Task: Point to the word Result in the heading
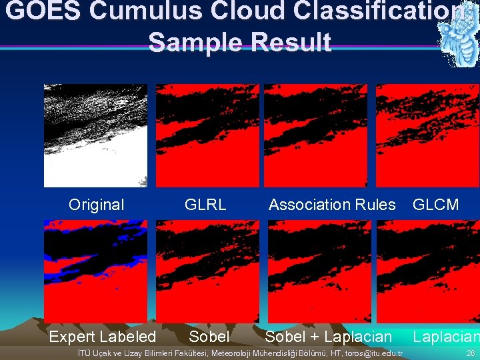coord(291,41)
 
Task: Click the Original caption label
coord(96,205)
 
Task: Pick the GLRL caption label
coord(205,205)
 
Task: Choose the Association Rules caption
coord(332,205)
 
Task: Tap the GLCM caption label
coord(436,205)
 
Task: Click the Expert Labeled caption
coord(102,337)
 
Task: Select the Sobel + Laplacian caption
coord(329,337)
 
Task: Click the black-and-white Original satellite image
coord(95,135)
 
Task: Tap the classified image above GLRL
coord(207,135)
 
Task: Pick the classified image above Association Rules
coord(315,135)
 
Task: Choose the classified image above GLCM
coord(427,135)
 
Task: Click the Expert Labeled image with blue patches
coord(95,271)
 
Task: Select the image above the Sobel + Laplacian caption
coord(319,271)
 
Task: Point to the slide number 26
coord(471,353)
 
